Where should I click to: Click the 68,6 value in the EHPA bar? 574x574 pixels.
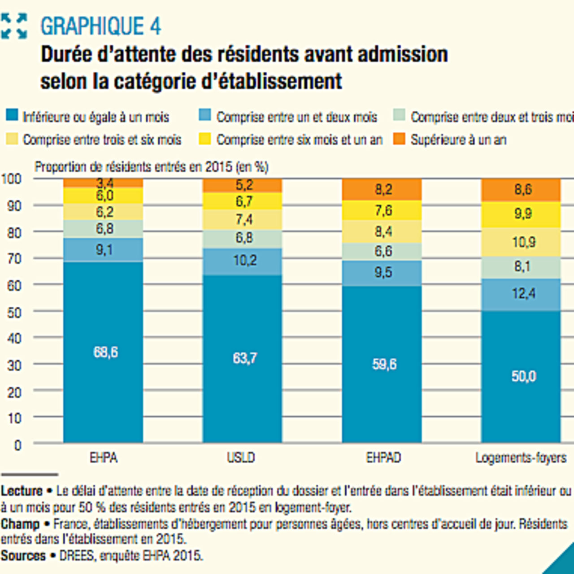click(x=105, y=352)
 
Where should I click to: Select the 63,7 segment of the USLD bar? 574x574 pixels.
click(x=244, y=358)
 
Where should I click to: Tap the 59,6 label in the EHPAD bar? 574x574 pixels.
click(x=384, y=364)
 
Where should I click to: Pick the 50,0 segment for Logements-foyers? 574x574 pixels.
click(x=523, y=376)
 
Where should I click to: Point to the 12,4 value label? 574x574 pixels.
click(x=523, y=294)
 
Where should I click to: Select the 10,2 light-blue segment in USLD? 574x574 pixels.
click(x=244, y=261)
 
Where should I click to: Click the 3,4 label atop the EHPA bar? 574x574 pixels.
click(x=104, y=183)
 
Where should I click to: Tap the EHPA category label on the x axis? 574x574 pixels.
click(x=104, y=458)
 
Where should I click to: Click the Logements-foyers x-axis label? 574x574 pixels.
click(x=521, y=458)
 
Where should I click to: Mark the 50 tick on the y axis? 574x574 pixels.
click(x=14, y=313)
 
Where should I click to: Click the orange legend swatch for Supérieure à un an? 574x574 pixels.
click(x=399, y=139)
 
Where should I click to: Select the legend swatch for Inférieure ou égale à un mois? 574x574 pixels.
click(x=12, y=116)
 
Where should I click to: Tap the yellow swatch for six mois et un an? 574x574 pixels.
click(x=204, y=139)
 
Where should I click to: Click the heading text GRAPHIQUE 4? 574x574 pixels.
click(x=100, y=26)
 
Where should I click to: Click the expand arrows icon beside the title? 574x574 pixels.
click(x=13, y=26)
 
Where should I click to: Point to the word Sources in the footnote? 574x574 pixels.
click(x=23, y=556)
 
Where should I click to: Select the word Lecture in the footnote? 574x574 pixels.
click(x=22, y=491)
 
